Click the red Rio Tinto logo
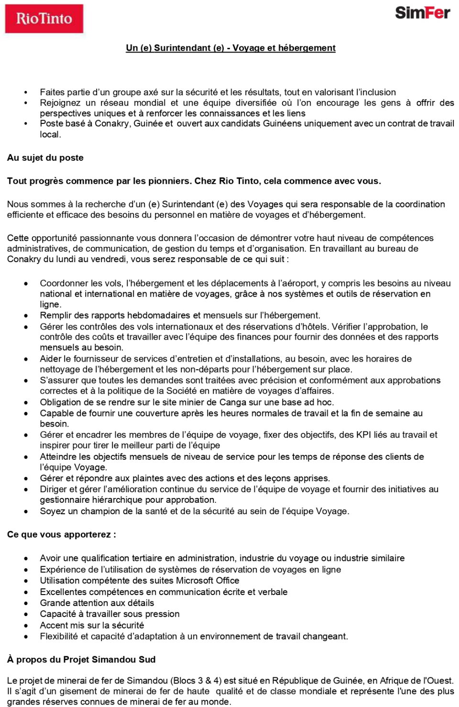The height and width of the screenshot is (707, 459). [x=44, y=19]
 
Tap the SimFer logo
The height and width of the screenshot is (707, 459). [x=422, y=13]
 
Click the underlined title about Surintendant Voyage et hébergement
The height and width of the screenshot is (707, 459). [x=230, y=48]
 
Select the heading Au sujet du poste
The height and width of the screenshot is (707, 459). [x=45, y=158]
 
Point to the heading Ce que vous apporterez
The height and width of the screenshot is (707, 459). [x=61, y=534]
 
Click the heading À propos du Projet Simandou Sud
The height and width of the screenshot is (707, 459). [x=81, y=660]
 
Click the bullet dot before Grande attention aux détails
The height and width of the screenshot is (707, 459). [x=26, y=603]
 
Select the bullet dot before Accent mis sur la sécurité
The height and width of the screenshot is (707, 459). [x=26, y=625]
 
